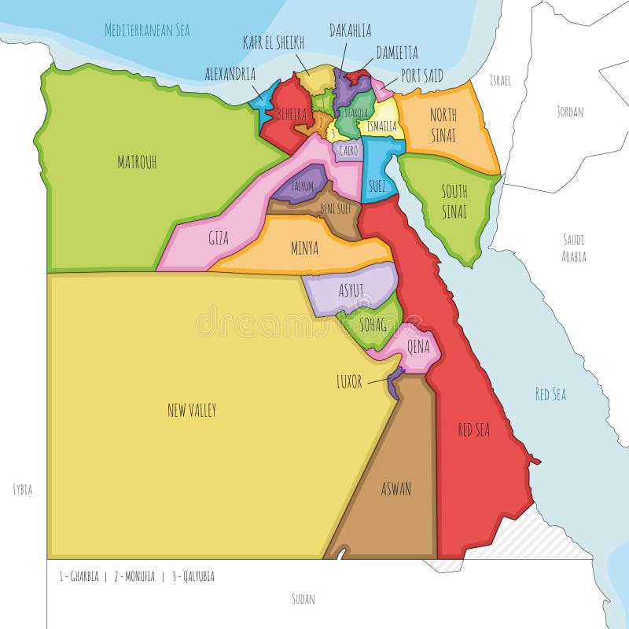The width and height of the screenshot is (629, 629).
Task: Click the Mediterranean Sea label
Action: click(148, 31)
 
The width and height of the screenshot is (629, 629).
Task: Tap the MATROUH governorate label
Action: click(137, 163)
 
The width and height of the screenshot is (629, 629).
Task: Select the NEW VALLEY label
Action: click(192, 410)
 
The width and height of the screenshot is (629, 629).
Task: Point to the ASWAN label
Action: click(395, 489)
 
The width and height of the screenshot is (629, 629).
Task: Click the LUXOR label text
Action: click(349, 382)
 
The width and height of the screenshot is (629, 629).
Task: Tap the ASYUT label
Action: click(351, 290)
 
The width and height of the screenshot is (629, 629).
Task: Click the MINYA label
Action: click(305, 248)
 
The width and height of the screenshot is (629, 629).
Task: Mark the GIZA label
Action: click(219, 238)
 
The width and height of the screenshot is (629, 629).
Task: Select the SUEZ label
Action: click(377, 186)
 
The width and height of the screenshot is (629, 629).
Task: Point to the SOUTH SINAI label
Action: click(454, 201)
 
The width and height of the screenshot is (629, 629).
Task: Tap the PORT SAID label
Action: click(421, 75)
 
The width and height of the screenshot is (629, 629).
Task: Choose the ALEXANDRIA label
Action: click(230, 74)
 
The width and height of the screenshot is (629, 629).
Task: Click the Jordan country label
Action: click(570, 112)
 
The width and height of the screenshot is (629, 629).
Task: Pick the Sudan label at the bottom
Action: click(303, 599)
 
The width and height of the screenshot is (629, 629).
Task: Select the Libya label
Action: click(23, 489)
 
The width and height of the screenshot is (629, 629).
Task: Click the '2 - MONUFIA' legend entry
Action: click(131, 576)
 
